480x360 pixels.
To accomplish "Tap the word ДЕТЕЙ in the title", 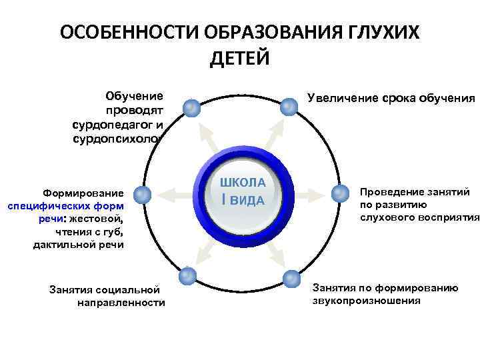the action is pyautogui.click(x=240, y=59).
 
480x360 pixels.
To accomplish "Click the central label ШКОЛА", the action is pyautogui.click(x=243, y=182).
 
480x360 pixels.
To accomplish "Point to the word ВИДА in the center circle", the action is pyautogui.click(x=248, y=200).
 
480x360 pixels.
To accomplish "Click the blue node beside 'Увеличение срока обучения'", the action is pyautogui.click(x=289, y=106).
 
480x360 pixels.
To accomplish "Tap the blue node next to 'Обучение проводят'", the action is pyautogui.click(x=192, y=107).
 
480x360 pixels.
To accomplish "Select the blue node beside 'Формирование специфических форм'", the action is pyautogui.click(x=142, y=194).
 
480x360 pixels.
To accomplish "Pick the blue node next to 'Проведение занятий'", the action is pyautogui.click(x=341, y=193).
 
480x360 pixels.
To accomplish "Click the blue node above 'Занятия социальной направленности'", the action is pyautogui.click(x=188, y=275).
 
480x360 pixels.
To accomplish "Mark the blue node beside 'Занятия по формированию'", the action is pyautogui.click(x=291, y=279).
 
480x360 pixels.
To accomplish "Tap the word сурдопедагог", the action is pyautogui.click(x=111, y=124).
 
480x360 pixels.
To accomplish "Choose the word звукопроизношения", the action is pyautogui.click(x=366, y=300).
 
